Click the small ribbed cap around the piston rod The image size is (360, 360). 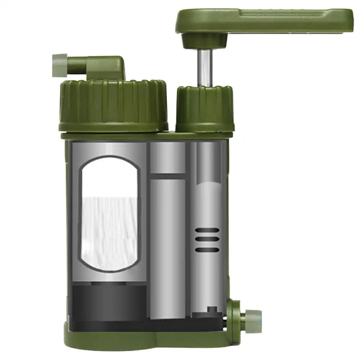pos(204,108)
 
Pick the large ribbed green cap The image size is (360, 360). pos(113,104)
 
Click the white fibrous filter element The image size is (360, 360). pos(110,232)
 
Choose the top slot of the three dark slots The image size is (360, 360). pos(207,231)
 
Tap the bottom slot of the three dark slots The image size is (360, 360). pos(207,249)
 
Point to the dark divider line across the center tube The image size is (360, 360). pos(167,176)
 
